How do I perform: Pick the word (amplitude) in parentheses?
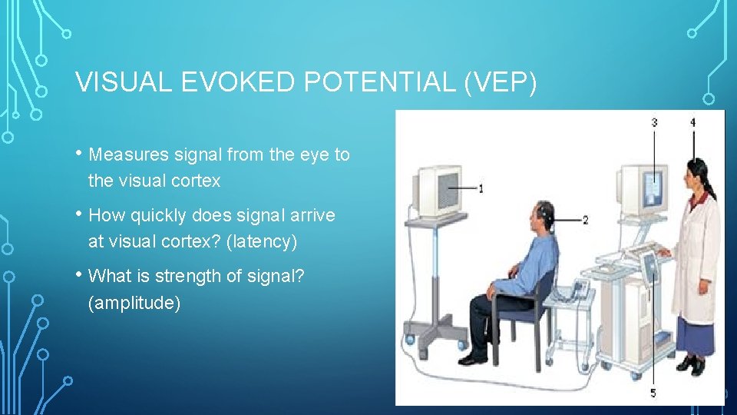click(134, 304)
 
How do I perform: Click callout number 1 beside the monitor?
click(481, 188)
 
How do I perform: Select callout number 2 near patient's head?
click(585, 220)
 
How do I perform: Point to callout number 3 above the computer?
click(654, 122)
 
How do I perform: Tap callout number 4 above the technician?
click(693, 122)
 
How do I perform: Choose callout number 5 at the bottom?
click(653, 393)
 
